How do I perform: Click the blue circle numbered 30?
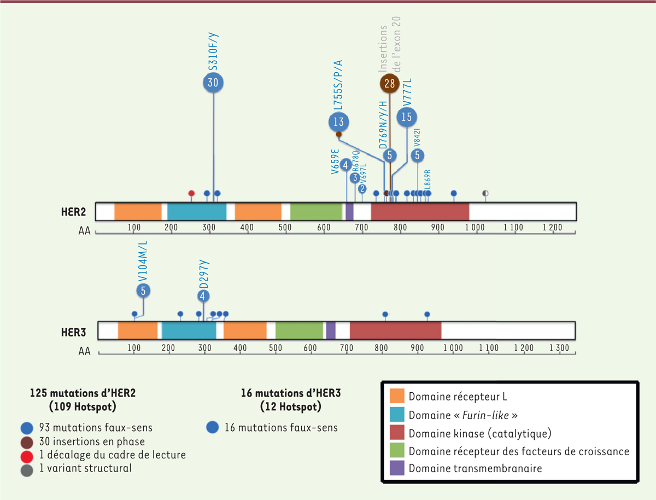tap(213, 82)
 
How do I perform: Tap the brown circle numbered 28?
tap(390, 84)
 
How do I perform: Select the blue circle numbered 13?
tap(338, 121)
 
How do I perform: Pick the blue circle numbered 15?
tap(406, 117)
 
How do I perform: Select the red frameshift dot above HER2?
tap(191, 193)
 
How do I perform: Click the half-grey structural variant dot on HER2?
tap(485, 193)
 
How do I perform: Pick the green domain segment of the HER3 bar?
tap(299, 330)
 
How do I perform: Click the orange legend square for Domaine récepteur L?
tap(397, 396)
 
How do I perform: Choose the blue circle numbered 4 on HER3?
tap(203, 296)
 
